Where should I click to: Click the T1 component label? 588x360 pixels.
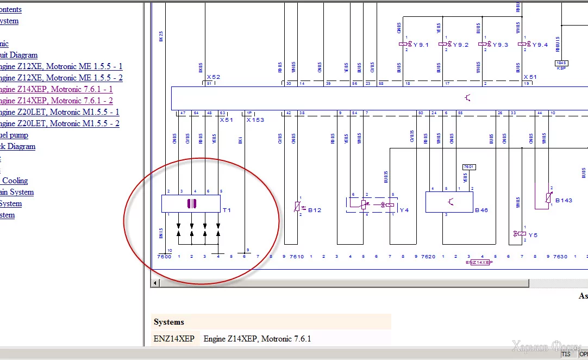pyautogui.click(x=227, y=210)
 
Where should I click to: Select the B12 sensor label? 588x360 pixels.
pyautogui.click(x=315, y=210)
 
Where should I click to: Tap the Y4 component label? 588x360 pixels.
pyautogui.click(x=404, y=210)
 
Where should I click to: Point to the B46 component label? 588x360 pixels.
pyautogui.click(x=481, y=210)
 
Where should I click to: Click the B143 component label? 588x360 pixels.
pyautogui.click(x=564, y=201)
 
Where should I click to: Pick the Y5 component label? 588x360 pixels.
pyautogui.click(x=533, y=235)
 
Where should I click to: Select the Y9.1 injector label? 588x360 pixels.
pyautogui.click(x=421, y=45)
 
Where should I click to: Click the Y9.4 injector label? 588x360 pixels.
pyautogui.click(x=540, y=45)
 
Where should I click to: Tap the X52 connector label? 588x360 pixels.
pyautogui.click(x=213, y=77)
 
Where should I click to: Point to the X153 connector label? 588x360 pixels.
pyautogui.click(x=255, y=120)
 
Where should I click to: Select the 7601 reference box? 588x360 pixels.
pyautogui.click(x=468, y=167)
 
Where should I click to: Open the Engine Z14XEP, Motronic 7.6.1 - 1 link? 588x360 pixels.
pyautogui.click(x=55, y=89)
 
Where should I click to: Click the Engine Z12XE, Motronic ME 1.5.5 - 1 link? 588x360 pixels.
pyautogui.click(x=60, y=66)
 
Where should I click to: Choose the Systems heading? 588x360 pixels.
pyautogui.click(x=169, y=322)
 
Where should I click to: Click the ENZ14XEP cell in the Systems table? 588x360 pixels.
pyautogui.click(x=174, y=339)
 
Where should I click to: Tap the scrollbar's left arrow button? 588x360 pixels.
pyautogui.click(x=156, y=283)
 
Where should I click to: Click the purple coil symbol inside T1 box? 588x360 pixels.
pyautogui.click(x=191, y=203)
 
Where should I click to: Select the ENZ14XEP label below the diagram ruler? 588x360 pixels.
pyautogui.click(x=479, y=262)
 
